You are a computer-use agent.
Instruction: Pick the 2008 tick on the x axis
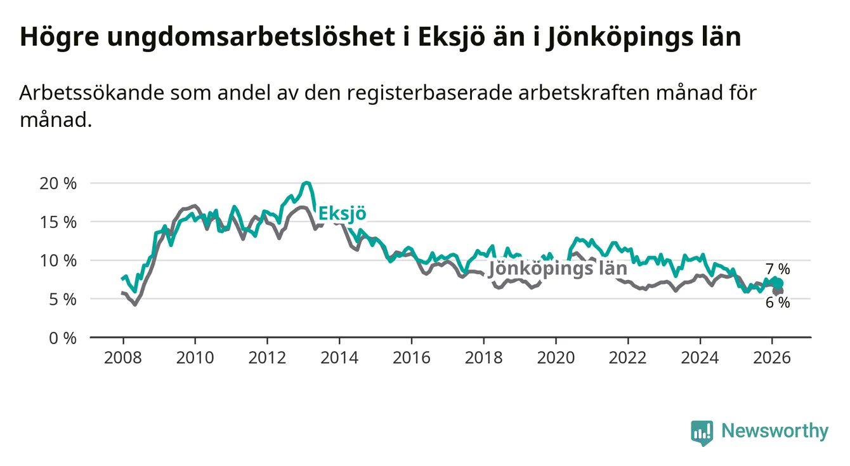122,357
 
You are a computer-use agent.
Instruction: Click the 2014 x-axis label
339,357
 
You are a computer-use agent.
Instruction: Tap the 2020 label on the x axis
556,357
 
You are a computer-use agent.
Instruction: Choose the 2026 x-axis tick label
772,357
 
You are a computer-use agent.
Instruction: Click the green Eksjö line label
342,214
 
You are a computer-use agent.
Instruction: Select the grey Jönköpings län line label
557,269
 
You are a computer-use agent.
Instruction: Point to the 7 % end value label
777,269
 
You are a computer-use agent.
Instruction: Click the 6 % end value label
777,303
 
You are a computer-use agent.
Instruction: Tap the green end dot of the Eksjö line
778,283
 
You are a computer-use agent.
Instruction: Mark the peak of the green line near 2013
306,183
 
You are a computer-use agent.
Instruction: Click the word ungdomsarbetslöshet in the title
250,37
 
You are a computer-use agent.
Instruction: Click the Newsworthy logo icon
702,432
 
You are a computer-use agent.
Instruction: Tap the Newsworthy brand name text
775,432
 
